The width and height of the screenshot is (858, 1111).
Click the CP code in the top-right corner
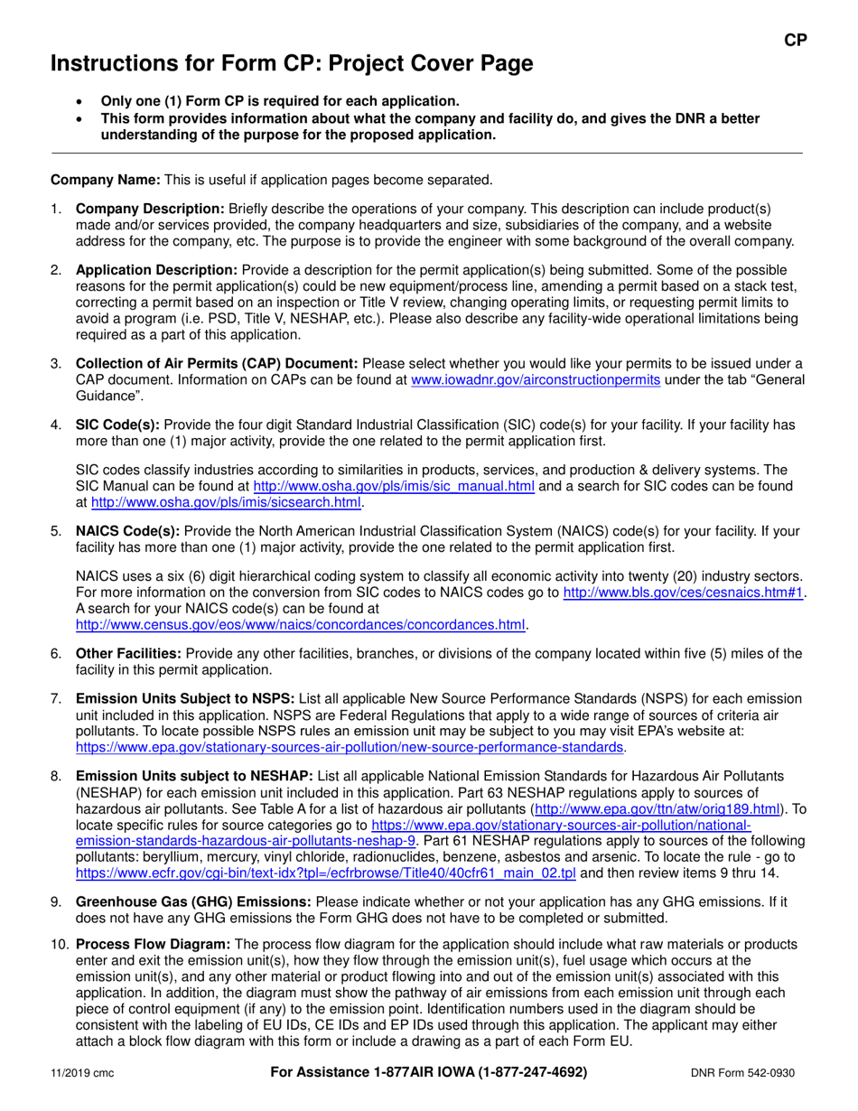(794, 40)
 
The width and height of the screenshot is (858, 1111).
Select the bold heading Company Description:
(150, 209)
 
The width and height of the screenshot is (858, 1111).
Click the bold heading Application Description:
(156, 270)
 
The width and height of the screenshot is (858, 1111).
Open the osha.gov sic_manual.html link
(394, 486)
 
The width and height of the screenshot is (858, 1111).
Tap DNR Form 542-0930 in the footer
(743, 1073)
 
